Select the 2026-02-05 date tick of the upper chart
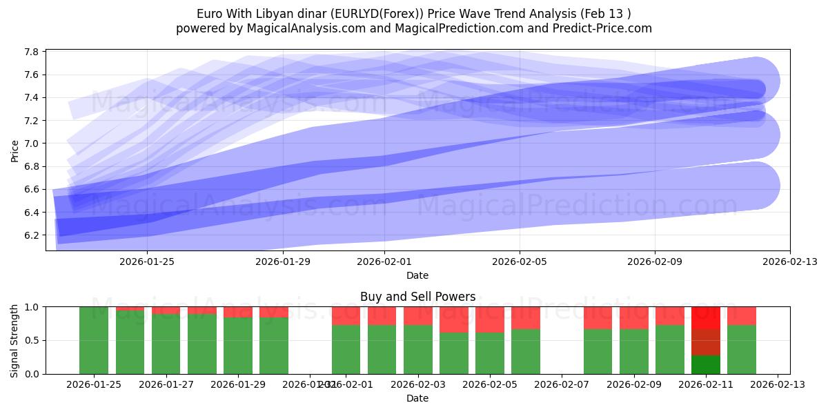(x=520, y=262)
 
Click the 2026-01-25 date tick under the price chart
(x=147, y=262)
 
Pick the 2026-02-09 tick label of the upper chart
(x=655, y=262)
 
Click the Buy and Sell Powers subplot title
(x=417, y=297)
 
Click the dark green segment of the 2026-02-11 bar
(x=706, y=364)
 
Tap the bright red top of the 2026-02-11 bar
(x=706, y=317)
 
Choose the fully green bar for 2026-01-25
(x=94, y=340)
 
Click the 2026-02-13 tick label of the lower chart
(x=778, y=384)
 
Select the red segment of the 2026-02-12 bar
(x=742, y=315)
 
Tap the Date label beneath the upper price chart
(x=417, y=275)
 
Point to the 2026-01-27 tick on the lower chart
(x=166, y=384)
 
